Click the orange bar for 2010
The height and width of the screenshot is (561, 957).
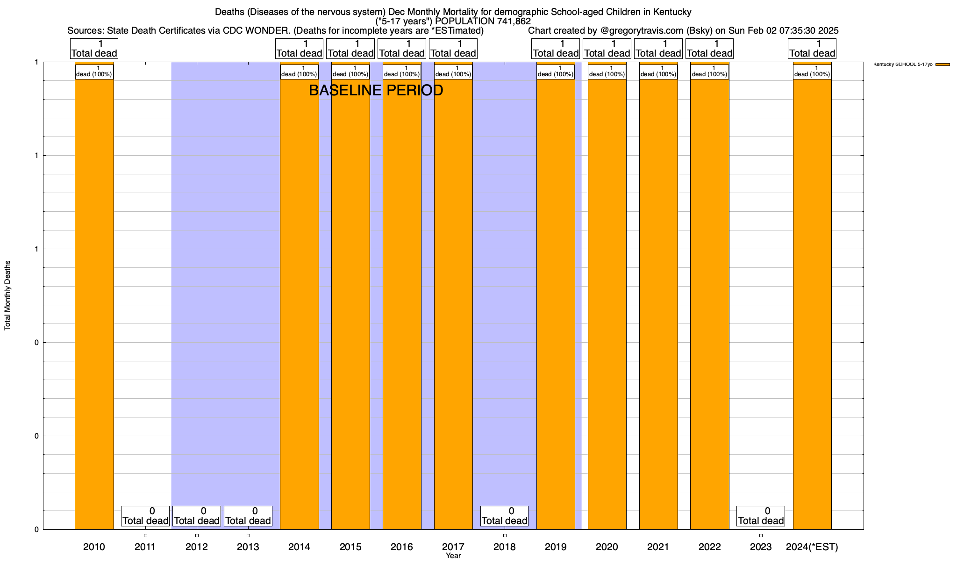click(94, 304)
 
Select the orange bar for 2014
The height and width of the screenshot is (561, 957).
click(299, 304)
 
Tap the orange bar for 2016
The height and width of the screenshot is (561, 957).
click(402, 304)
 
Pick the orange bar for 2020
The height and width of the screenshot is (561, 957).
click(607, 304)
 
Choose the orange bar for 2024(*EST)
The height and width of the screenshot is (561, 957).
click(812, 304)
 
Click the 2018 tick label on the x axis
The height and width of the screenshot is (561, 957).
click(504, 547)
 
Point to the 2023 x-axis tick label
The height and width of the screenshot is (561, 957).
click(761, 547)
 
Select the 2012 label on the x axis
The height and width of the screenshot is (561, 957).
click(196, 547)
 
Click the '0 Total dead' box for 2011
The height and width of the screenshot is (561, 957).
click(145, 516)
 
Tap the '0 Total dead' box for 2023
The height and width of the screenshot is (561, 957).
click(761, 516)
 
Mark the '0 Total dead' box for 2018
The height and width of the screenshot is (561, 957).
click(504, 516)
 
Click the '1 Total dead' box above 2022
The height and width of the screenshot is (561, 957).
click(709, 49)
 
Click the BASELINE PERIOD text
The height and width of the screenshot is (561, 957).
click(376, 90)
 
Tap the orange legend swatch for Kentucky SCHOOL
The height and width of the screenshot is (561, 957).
click(943, 65)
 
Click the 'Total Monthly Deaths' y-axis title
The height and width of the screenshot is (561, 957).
click(7, 295)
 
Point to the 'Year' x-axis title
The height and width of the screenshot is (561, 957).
click(453, 556)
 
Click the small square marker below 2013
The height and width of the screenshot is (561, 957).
click(248, 535)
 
